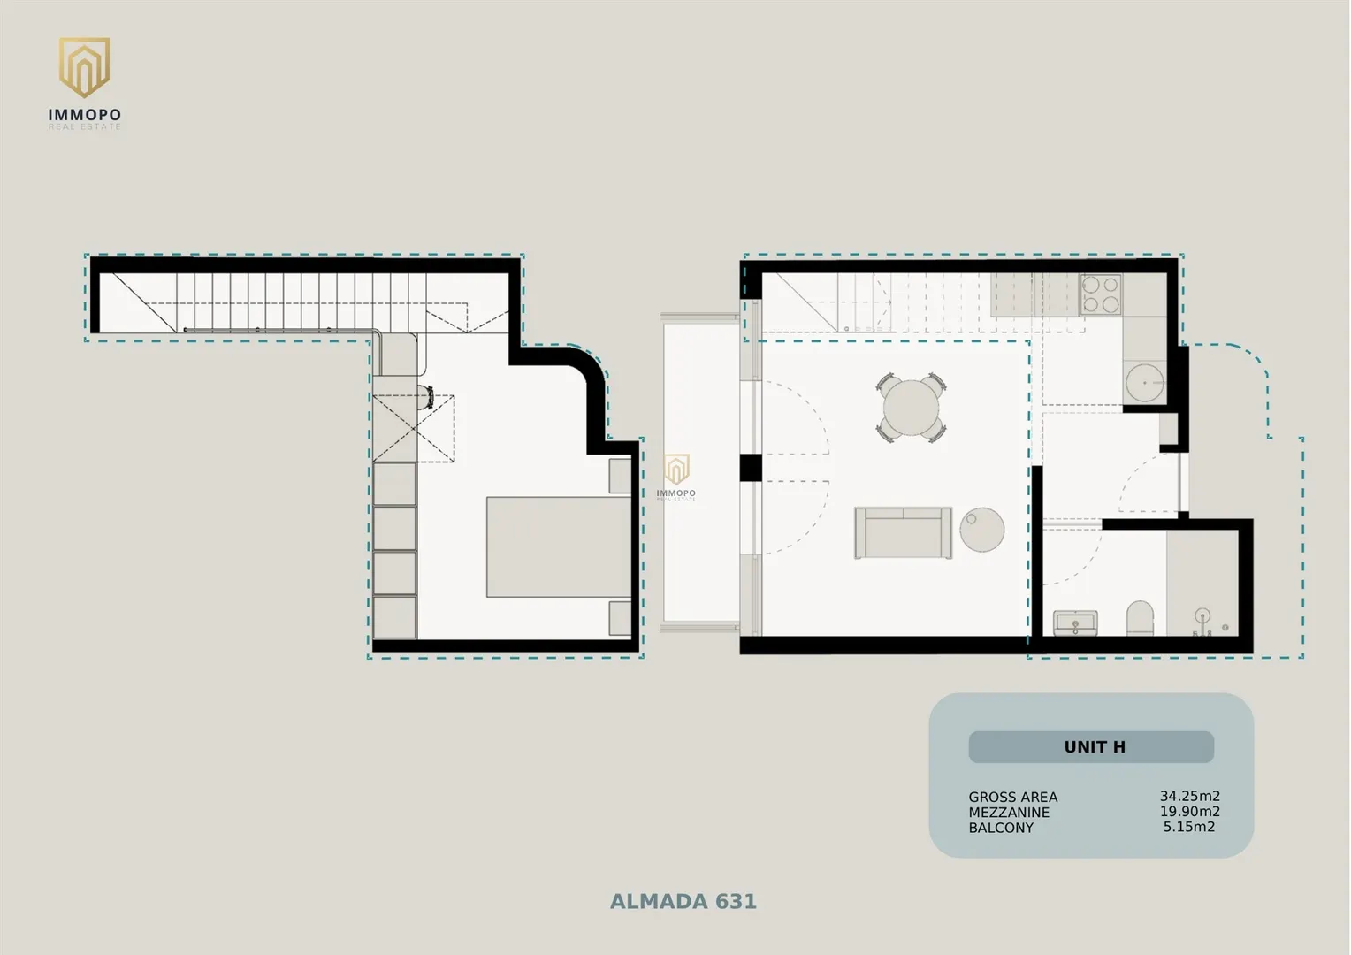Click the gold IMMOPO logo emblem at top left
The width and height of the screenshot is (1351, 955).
pos(84,67)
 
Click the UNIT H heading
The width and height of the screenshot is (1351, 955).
pos(1094,747)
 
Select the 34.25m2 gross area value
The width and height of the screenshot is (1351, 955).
pos(1189,797)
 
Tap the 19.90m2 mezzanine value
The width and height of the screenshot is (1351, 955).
pos(1189,812)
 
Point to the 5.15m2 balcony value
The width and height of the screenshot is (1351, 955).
pos(1189,827)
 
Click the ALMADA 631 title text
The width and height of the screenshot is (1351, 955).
pos(683,901)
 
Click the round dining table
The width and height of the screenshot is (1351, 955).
pos(911,408)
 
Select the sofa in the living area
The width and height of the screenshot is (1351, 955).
pos(903,532)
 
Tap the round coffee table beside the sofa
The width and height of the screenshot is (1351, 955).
pos(982,529)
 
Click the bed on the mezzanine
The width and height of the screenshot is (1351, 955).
pos(559,546)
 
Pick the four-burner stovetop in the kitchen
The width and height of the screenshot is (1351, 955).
pos(1101,294)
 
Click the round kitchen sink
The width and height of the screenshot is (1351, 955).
pos(1143,383)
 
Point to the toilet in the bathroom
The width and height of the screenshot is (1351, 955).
pos(1140,618)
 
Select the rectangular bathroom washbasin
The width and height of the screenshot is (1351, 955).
pos(1075,623)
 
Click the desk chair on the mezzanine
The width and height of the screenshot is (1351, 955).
pos(428,398)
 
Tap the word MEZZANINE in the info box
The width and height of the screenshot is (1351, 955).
pos(1009,812)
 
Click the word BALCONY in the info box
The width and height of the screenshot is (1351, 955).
pos(1001,828)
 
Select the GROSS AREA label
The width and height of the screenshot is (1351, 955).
pos(1013,797)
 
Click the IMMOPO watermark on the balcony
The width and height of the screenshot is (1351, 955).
pos(676,477)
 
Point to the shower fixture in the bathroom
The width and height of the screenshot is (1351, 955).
pos(1203,622)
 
